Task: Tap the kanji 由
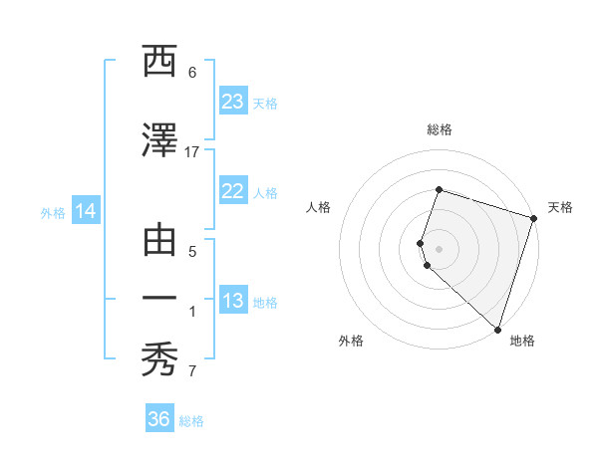(x=160, y=240)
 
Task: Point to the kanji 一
(x=160, y=300)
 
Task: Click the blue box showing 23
(x=233, y=102)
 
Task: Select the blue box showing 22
(x=233, y=191)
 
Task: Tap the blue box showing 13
(x=233, y=301)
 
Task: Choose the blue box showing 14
(x=85, y=211)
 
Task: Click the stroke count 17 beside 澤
(x=191, y=151)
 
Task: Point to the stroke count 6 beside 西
(x=191, y=73)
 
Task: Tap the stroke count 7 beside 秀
(x=191, y=372)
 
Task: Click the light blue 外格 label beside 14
(x=53, y=212)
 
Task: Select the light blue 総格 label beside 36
(x=191, y=421)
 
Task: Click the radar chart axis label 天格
(x=560, y=207)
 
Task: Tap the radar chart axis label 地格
(x=522, y=341)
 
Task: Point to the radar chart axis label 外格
(x=351, y=341)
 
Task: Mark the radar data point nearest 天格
(x=533, y=218)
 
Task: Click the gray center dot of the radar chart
(x=439, y=248)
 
